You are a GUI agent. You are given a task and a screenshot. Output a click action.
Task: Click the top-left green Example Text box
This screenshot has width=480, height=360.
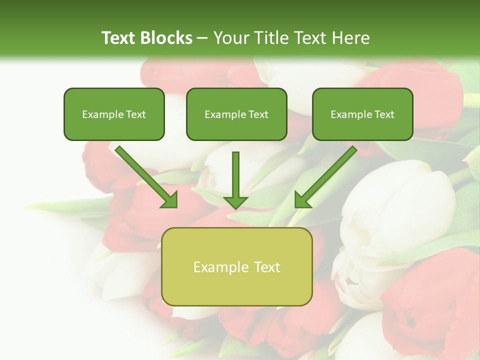114,114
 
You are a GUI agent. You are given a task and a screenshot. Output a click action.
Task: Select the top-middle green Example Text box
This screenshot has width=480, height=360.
236,114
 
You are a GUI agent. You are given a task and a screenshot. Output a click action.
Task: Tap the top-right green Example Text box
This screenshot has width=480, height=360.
362,114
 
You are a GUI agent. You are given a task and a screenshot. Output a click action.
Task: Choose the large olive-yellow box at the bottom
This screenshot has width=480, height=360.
236,266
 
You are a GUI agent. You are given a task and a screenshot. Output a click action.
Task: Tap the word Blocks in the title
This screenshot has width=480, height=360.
167,38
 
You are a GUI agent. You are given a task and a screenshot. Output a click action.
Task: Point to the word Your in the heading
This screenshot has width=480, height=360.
231,38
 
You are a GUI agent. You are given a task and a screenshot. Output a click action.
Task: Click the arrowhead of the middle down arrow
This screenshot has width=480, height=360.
235,201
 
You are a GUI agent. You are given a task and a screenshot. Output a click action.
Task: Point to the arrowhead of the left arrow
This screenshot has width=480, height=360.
169,199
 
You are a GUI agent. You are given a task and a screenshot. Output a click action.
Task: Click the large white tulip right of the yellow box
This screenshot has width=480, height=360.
395,210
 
